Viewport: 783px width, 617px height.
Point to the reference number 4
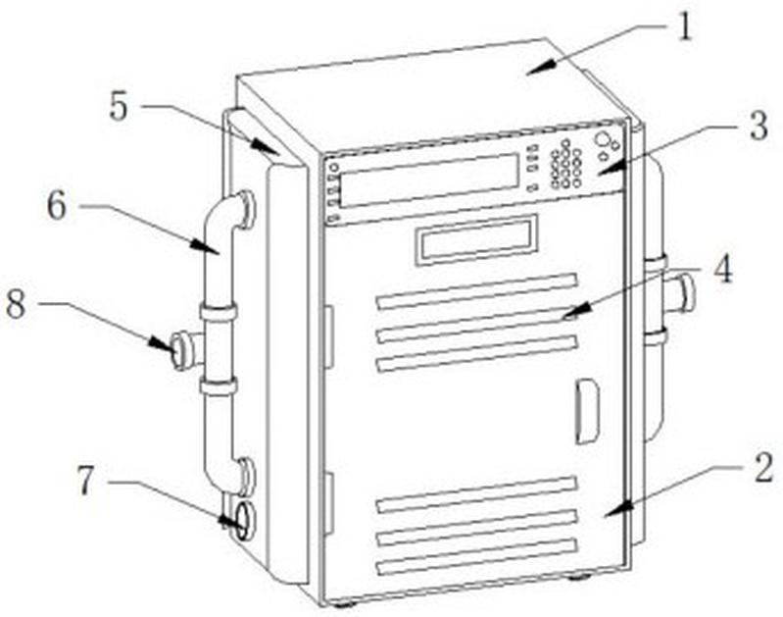(x=722, y=269)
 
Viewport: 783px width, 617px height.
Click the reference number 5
(x=119, y=107)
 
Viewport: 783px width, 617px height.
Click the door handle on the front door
(x=586, y=411)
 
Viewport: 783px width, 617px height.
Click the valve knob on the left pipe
(x=181, y=349)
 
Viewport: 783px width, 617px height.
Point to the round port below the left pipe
(x=241, y=519)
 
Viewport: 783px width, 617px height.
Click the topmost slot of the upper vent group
(x=476, y=291)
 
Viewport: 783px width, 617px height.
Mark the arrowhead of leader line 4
(x=565, y=316)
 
